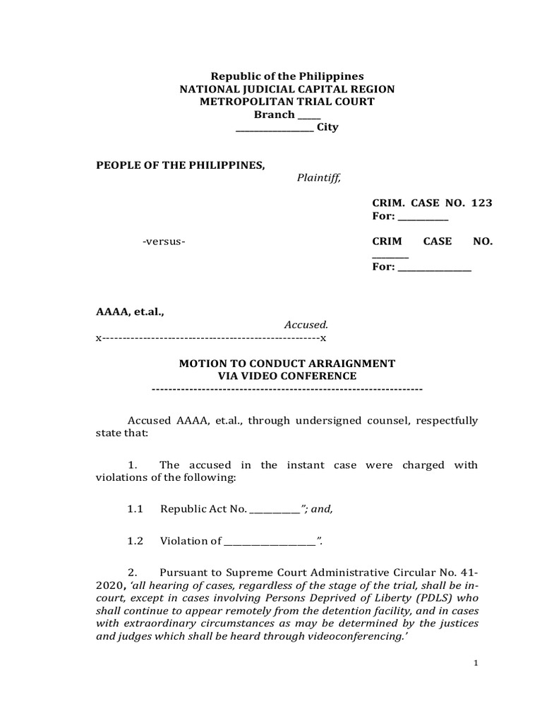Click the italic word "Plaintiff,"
click(318, 178)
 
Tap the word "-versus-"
click(164, 241)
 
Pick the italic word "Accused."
click(306, 325)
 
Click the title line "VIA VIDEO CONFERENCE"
click(287, 376)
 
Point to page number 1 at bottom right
click(476, 683)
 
